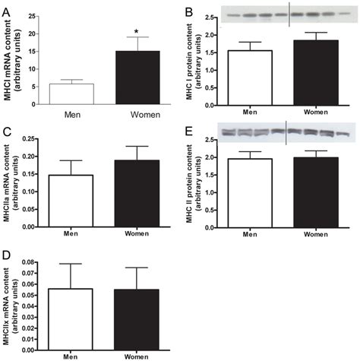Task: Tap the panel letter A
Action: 7,6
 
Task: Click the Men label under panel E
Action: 251,233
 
